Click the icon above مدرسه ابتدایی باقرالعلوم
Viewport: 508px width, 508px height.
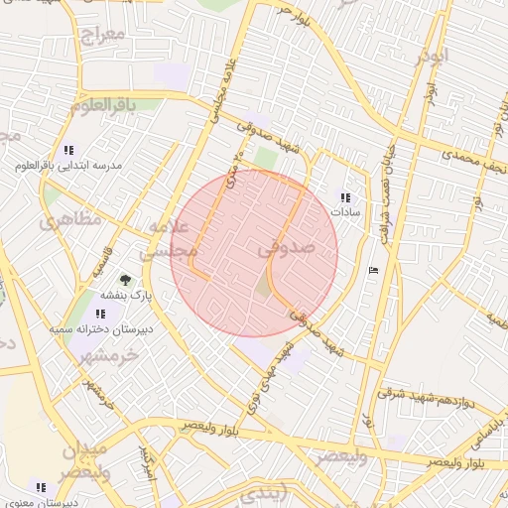68,150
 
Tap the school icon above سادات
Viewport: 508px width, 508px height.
344,197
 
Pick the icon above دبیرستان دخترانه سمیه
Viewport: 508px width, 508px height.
100,313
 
